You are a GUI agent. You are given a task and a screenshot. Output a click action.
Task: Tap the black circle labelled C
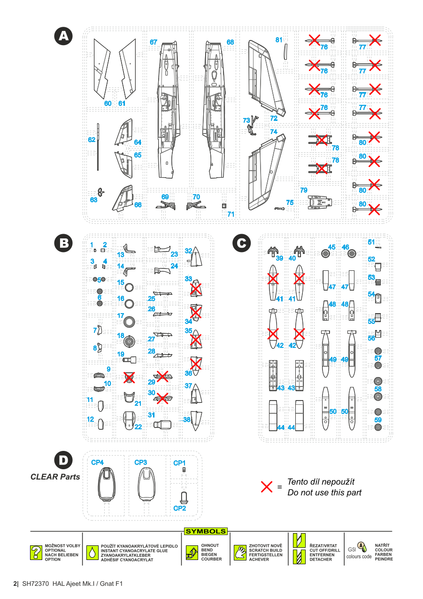pos(241,243)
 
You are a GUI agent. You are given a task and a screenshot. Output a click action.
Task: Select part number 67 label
pos(154,42)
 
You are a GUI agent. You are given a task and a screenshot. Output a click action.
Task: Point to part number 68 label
pos(230,42)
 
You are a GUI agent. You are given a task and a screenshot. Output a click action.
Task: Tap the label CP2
pos(179,508)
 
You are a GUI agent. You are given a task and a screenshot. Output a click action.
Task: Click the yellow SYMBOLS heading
pos(206,531)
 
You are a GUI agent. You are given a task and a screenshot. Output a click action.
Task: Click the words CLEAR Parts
pos(55,477)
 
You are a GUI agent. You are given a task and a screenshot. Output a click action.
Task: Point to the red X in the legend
pos(267,487)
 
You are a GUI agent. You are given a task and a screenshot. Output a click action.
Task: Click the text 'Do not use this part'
pos(324,493)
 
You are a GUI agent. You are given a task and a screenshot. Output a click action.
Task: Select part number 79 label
pos(304,190)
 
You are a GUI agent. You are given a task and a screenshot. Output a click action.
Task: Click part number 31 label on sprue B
pos(151,415)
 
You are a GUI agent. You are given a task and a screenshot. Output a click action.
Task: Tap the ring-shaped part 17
pos(130,322)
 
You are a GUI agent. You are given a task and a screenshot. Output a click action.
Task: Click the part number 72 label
pos(274,118)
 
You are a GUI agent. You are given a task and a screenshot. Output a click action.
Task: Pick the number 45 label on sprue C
pos(332,247)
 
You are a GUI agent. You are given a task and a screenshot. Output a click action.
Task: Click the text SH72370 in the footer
pos(35,583)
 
